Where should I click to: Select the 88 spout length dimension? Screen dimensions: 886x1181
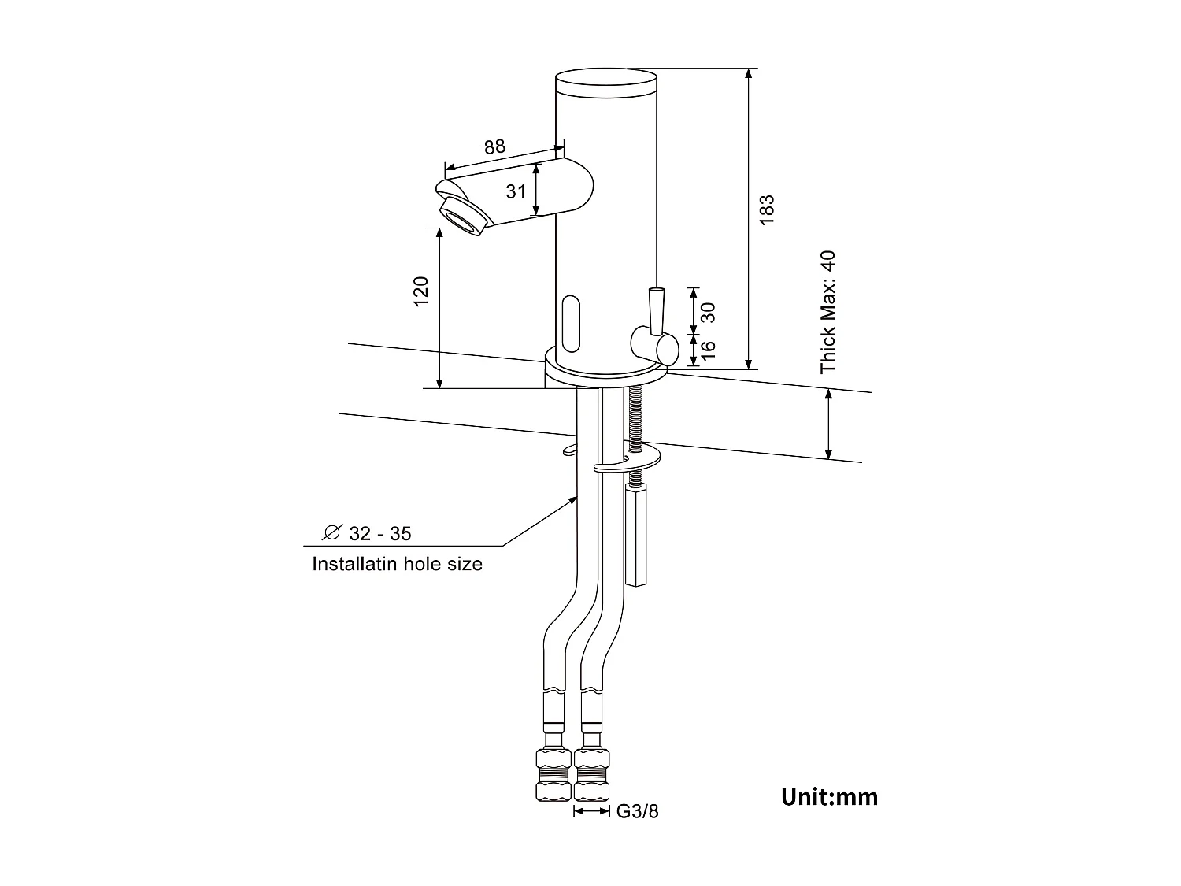[494, 147]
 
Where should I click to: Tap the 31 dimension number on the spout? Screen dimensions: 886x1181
[516, 191]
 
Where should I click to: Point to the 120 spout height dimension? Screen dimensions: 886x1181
[421, 291]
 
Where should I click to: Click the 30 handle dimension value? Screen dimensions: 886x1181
[708, 312]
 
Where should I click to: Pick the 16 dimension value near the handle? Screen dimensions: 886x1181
[708, 347]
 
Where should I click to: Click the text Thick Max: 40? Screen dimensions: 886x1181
[827, 312]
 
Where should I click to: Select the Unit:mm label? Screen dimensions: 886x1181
[829, 797]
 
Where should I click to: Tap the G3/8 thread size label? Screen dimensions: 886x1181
[637, 812]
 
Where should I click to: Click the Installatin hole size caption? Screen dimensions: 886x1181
[397, 564]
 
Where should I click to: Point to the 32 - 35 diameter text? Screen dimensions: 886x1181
[380, 534]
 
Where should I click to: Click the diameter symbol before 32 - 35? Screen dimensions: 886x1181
[331, 533]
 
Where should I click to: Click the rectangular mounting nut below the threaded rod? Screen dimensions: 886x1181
[635, 536]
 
